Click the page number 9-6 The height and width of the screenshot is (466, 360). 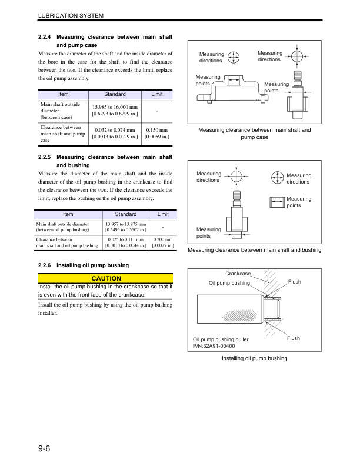44,449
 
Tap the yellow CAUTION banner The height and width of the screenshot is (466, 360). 106,278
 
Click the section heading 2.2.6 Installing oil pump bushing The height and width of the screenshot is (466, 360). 83,265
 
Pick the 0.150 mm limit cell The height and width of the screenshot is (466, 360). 157,133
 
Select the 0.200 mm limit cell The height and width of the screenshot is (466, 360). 162,243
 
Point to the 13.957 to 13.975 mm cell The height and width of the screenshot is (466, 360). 125,227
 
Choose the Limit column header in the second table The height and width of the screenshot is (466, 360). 162,214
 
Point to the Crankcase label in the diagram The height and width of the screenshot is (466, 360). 237,274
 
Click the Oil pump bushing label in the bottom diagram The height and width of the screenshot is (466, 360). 229,283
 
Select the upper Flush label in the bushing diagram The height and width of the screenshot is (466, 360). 294,282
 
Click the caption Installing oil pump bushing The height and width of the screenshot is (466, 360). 254,358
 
